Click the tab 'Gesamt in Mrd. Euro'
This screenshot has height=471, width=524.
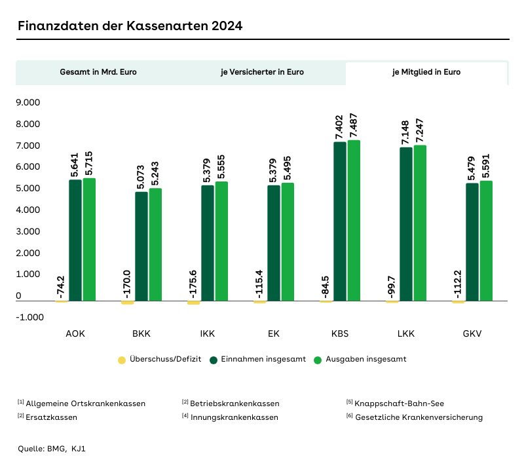98,72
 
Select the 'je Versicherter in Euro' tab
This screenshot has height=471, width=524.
262,72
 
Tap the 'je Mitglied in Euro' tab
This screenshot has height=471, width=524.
426,72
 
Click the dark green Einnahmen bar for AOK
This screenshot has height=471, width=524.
75,240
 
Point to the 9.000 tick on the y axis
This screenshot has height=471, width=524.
28,103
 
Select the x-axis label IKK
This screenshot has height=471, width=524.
208,333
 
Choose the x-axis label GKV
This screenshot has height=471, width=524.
472,333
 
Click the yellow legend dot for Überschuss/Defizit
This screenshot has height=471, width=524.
121,360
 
